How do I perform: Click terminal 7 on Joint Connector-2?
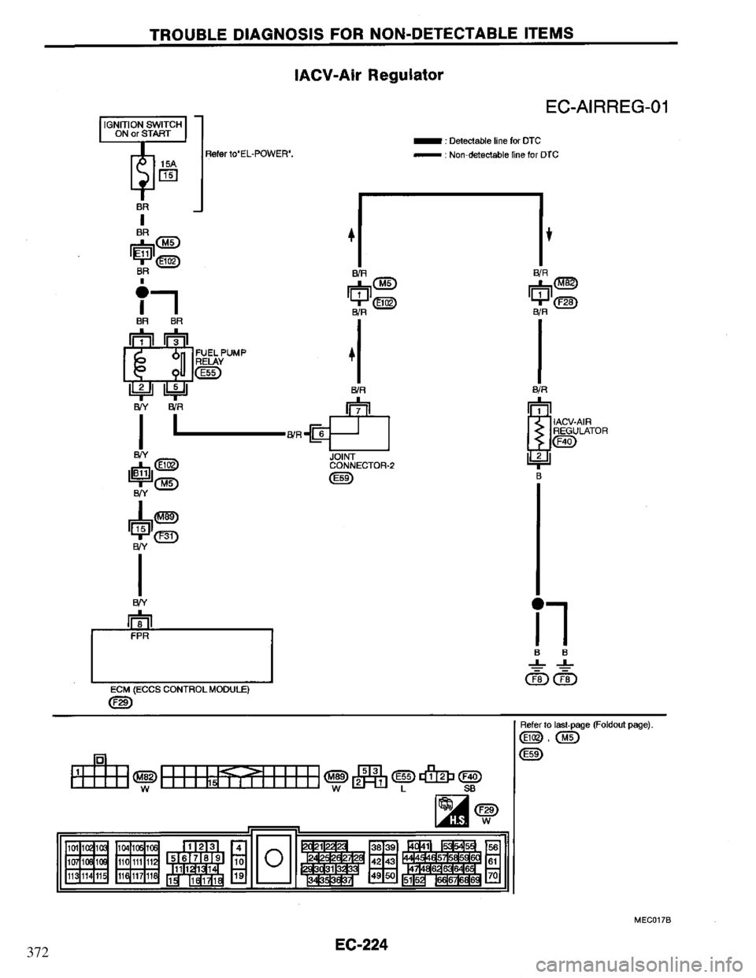point(358,409)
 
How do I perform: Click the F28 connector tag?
point(565,301)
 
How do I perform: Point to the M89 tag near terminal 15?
point(165,517)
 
